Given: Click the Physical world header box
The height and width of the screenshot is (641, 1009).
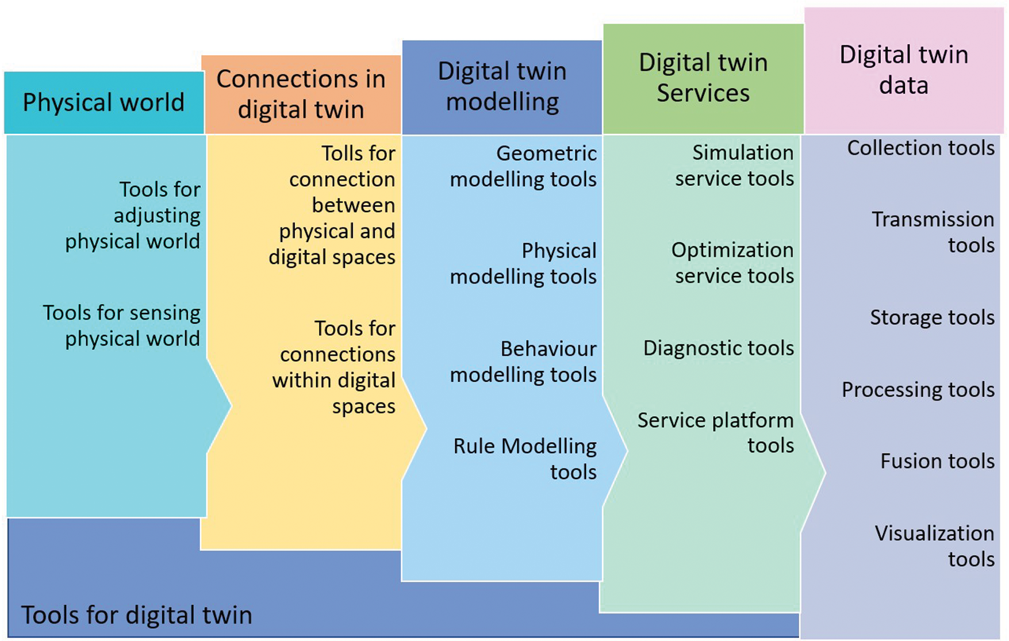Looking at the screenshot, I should click(x=103, y=103).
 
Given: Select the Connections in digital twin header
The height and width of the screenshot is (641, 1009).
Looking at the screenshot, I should click(x=301, y=94).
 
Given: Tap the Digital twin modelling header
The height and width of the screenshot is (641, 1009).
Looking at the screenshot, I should click(x=502, y=87).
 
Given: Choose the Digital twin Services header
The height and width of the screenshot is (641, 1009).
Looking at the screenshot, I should click(x=703, y=78).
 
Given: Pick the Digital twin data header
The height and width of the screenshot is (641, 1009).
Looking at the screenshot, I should click(x=904, y=70).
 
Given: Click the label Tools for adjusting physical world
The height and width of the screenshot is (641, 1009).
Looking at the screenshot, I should click(x=133, y=215).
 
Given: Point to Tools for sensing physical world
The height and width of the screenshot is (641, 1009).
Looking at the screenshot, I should click(x=122, y=325).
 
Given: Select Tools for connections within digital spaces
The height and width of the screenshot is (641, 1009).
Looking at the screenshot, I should click(x=335, y=367).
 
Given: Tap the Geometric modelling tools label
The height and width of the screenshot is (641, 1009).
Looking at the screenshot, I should click(x=524, y=166).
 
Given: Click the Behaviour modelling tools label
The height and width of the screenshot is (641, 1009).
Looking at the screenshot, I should click(x=524, y=362).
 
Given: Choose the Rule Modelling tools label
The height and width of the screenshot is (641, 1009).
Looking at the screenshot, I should click(x=525, y=459).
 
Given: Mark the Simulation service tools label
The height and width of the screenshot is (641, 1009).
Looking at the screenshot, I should click(x=735, y=166).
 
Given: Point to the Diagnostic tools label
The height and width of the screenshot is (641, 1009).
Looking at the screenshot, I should click(x=719, y=348).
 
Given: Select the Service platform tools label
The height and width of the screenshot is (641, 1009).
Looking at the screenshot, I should click(x=716, y=433).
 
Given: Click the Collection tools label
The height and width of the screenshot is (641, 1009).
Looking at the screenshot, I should click(x=920, y=148).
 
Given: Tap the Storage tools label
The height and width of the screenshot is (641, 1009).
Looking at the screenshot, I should click(x=932, y=317).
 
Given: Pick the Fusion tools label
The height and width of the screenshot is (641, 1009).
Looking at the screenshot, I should click(x=937, y=461).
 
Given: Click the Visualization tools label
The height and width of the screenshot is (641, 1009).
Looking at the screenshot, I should click(x=935, y=546).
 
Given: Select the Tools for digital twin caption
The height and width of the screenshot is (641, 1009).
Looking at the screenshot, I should click(x=137, y=615).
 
